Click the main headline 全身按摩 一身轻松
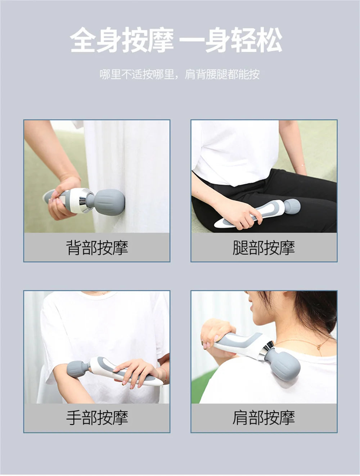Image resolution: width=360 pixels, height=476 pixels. tap(176, 40)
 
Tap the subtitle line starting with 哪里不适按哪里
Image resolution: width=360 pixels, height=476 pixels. tap(180, 75)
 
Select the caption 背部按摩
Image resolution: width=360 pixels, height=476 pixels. tap(97, 248)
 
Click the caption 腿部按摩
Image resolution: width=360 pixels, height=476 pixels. tap(264, 248)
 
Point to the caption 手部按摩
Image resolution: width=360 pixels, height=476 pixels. tap(97, 418)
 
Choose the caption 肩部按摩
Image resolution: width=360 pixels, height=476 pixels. tap(264, 418)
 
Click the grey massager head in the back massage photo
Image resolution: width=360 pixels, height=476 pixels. tap(109, 202)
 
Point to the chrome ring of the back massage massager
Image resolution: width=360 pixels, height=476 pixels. tap(86, 200)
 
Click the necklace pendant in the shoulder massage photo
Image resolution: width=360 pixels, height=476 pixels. tap(319, 347)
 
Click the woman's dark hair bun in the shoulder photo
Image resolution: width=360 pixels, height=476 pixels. tap(319, 306)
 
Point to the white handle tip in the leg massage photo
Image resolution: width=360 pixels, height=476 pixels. tap(220, 224)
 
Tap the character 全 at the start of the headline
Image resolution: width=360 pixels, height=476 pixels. tap(83, 40)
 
